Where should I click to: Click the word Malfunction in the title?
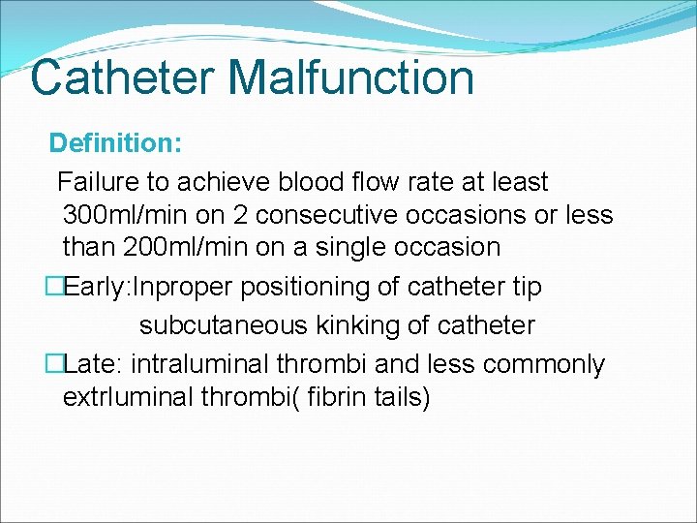point(345,78)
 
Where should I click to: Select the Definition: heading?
point(115,143)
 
